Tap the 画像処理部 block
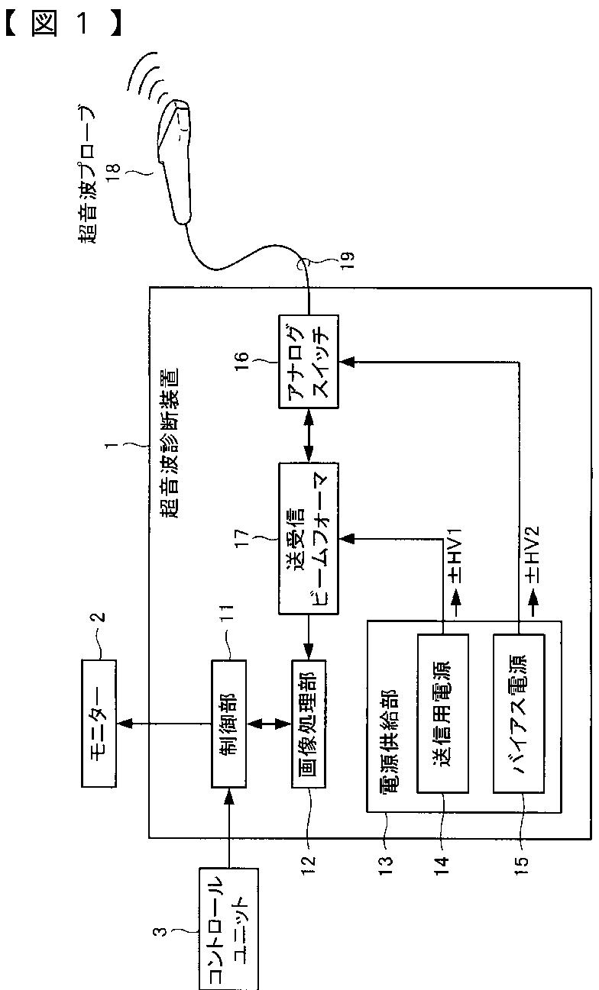tap(309, 724)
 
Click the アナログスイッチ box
tap(309, 356)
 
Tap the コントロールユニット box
tap(228, 927)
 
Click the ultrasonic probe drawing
tap(180, 156)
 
